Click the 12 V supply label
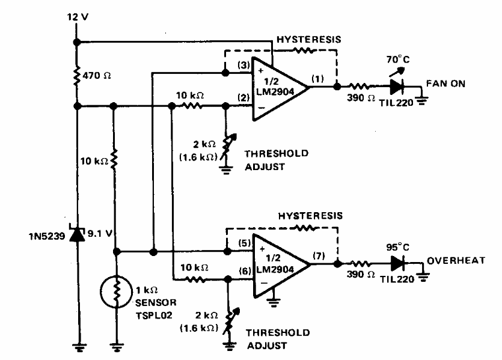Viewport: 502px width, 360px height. click(78, 17)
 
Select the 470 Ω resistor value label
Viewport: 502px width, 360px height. click(97, 76)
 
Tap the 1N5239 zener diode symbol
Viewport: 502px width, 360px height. click(78, 234)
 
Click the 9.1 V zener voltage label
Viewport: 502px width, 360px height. click(100, 234)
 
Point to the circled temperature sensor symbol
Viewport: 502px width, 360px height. click(116, 292)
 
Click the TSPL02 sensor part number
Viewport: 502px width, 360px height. click(154, 316)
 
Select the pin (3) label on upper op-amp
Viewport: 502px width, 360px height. click(243, 66)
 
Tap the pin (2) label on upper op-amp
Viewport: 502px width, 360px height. click(243, 97)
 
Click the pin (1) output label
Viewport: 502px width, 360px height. click(317, 79)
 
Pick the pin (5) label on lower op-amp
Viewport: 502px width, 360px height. click(245, 243)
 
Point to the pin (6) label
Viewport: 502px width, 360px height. click(245, 271)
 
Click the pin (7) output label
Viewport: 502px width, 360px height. click(319, 255)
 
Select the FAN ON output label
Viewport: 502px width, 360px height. click(445, 84)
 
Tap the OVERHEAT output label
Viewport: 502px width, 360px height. click(456, 260)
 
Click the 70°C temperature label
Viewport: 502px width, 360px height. click(397, 59)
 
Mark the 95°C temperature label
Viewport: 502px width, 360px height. click(397, 248)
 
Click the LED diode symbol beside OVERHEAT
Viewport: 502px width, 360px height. click(397, 264)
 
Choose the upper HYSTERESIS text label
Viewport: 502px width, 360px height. click(309, 39)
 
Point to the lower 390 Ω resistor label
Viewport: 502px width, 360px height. click(361, 275)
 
